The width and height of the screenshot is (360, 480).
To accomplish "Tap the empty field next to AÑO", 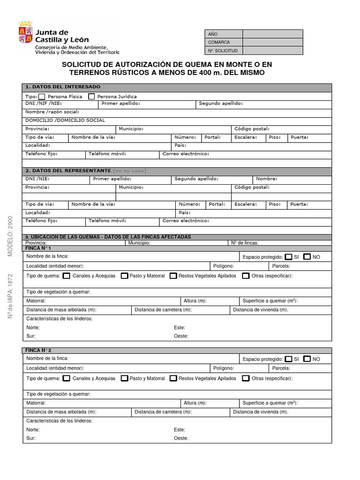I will pos(272,34).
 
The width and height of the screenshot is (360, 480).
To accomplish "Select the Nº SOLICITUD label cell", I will pos(223,51).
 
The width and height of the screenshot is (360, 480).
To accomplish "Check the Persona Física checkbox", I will pos(42,97).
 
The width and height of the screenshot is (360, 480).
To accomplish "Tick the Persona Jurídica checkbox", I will pos(91,97).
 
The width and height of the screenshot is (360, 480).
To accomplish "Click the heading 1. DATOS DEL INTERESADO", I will pos(63,87).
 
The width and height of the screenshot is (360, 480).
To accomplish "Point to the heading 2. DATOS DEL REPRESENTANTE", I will pos(68,171).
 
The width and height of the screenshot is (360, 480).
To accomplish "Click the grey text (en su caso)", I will pos(129,171).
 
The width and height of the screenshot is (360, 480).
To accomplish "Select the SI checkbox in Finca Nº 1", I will pos(288,257).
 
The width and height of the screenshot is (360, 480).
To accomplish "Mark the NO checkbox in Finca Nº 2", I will pos(307,359).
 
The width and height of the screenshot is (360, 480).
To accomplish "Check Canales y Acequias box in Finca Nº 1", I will pos(67,276).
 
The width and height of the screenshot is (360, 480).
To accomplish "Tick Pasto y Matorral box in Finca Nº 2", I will pos(124,378).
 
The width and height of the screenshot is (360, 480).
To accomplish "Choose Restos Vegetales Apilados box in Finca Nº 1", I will pos(173,276).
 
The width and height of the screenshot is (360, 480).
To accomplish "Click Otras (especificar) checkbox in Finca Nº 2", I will pos(246,378).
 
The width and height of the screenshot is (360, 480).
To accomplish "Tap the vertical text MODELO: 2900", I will pos(10,236).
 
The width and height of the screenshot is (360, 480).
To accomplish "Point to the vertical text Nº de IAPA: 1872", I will pos(10,296).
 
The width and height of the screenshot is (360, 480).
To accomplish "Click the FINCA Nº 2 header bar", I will pos(177,350).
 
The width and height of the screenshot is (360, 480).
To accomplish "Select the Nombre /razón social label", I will pos(52,112).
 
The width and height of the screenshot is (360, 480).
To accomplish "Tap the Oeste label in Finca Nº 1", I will pos(181,336).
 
